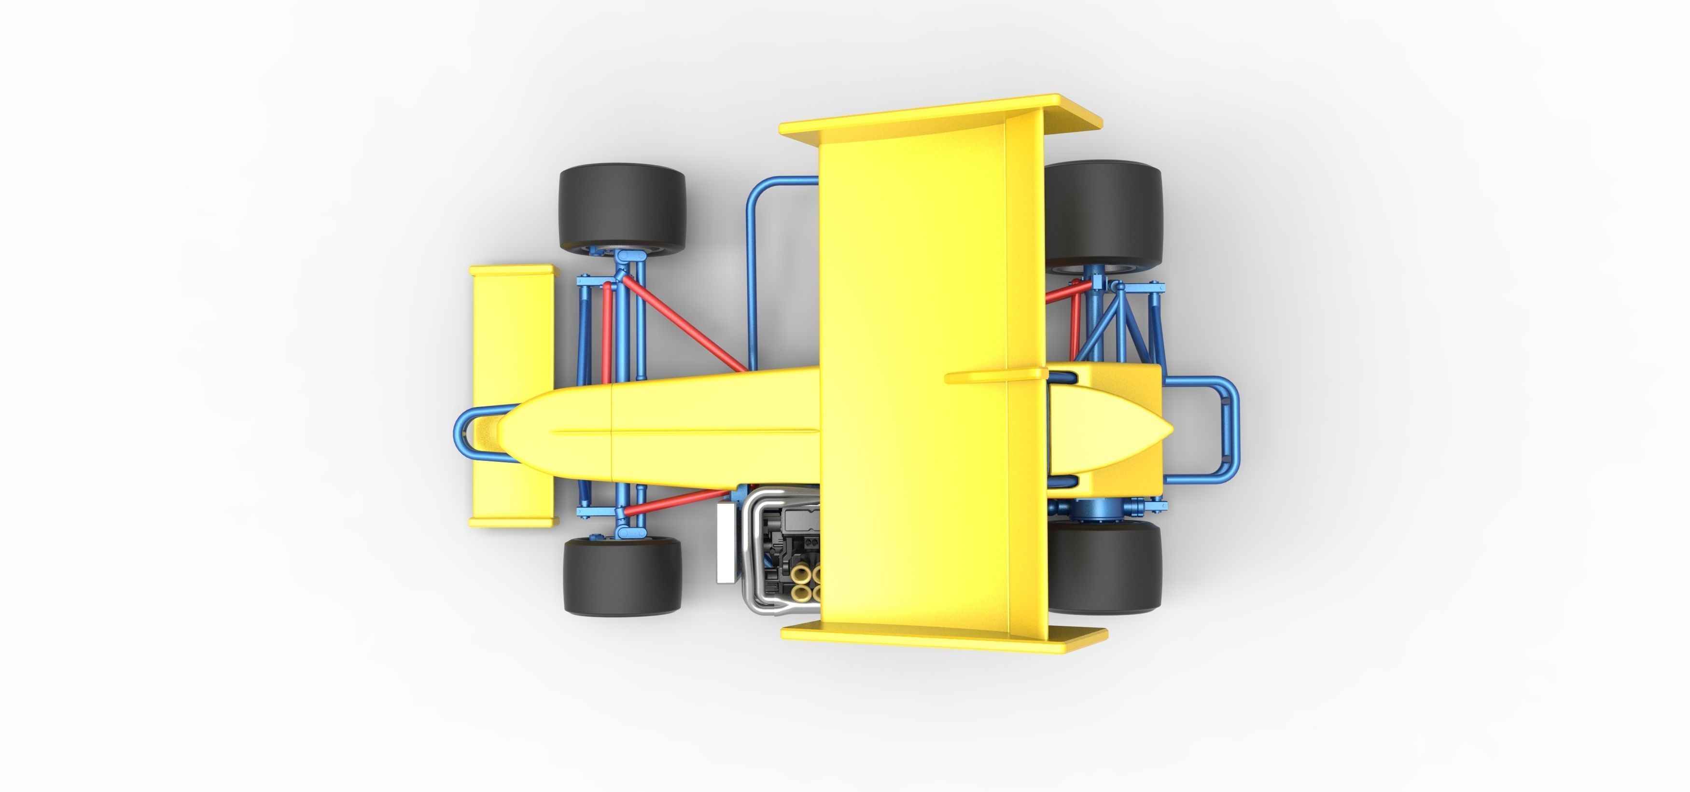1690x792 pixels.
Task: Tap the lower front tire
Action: (622, 577)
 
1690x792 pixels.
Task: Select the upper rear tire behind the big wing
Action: (1102, 213)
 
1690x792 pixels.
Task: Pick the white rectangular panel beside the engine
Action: (726, 543)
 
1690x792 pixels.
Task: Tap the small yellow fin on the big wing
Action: (994, 375)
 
